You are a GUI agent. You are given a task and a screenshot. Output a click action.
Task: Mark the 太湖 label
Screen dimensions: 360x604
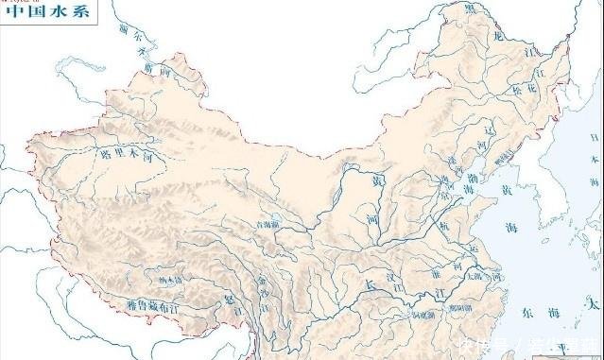pyautogui.click(x=474, y=277)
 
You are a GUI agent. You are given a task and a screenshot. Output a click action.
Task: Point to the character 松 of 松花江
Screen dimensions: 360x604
pyautogui.click(x=517, y=115)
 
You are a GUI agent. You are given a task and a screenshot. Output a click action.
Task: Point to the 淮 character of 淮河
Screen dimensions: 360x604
pyautogui.click(x=434, y=268)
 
